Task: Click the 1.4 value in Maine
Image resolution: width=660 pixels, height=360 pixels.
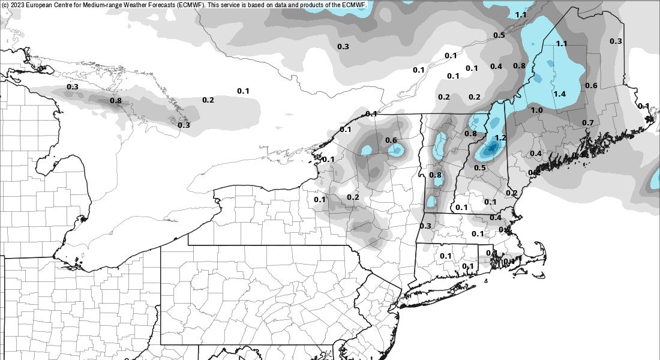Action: [x=560, y=94]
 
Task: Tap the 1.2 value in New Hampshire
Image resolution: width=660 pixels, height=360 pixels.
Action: [x=501, y=138]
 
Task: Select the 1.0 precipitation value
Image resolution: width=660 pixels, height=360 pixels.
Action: [x=536, y=110]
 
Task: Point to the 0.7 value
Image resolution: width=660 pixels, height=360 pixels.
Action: [x=588, y=123]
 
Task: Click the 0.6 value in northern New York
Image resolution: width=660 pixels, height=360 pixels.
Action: [x=391, y=140]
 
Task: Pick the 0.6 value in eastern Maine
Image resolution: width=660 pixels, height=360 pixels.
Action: [x=591, y=85]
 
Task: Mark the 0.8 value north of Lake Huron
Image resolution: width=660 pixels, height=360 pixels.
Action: [x=116, y=101]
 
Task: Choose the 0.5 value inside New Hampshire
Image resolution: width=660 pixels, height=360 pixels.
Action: [x=480, y=168]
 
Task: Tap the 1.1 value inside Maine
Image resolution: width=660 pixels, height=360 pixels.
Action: [x=562, y=44]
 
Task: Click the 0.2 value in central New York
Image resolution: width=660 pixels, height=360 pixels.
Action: [x=353, y=197]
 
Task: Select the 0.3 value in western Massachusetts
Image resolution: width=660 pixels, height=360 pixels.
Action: [x=425, y=226]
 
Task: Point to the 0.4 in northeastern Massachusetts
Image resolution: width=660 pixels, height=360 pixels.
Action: [x=496, y=217]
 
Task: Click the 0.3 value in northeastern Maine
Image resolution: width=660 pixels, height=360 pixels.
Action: [x=616, y=41]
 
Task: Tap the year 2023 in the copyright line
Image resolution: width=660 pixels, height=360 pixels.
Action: [x=17, y=4]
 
